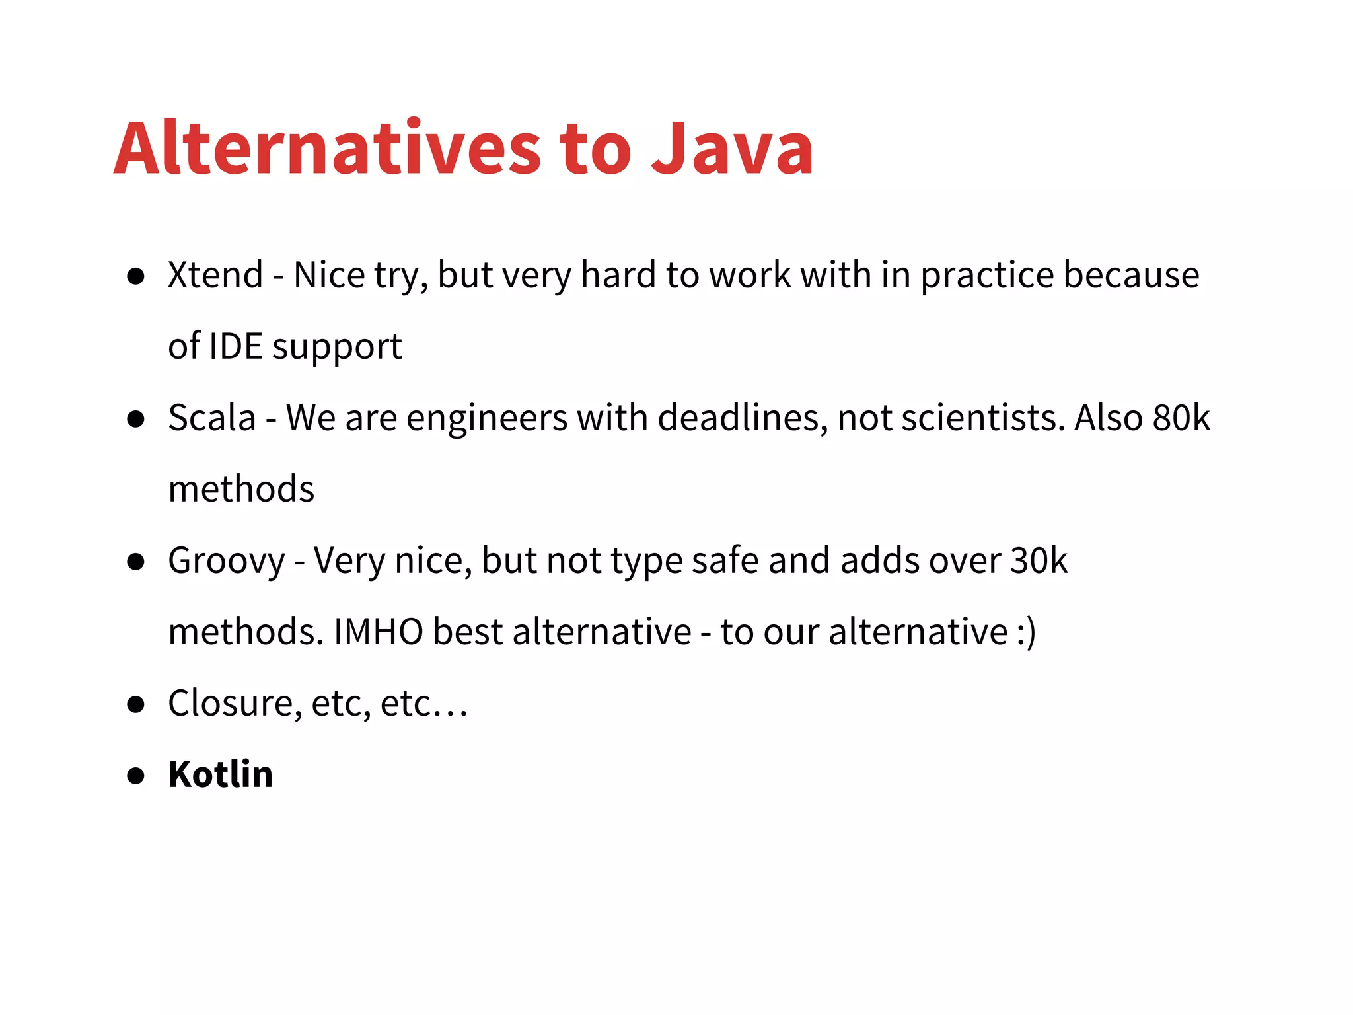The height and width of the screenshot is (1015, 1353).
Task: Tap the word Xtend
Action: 215,275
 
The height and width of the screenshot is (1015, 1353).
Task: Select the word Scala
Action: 211,418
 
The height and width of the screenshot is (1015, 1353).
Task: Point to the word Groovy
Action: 226,562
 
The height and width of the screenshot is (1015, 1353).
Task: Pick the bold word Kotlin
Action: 221,774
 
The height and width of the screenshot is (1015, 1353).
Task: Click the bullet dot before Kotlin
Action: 136,776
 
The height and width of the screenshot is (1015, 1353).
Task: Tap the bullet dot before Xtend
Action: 136,276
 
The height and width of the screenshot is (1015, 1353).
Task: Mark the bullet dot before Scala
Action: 136,419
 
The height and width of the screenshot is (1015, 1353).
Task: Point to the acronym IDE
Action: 235,346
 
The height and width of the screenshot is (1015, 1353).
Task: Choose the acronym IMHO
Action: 378,632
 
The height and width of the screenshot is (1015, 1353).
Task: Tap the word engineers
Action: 488,419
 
